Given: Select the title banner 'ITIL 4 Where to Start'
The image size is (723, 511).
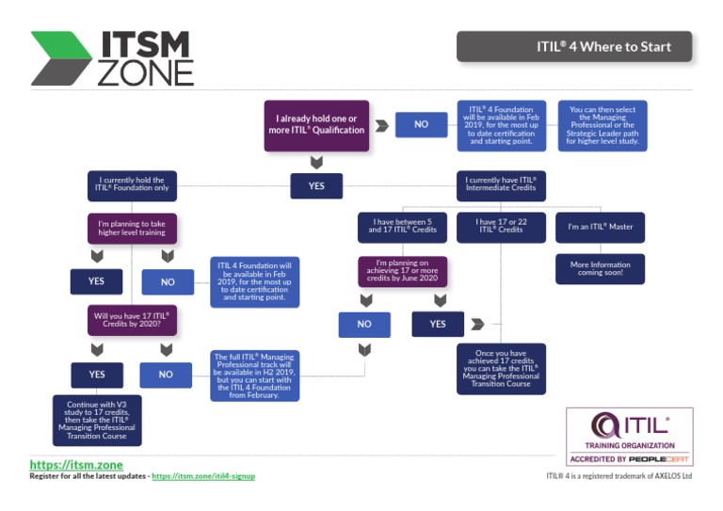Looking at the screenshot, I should click(574, 47).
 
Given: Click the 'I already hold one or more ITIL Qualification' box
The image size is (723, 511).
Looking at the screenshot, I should click(316, 124).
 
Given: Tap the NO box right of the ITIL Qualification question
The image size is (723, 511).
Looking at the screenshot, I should click(421, 124).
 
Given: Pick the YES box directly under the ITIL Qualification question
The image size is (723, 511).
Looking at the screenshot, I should click(316, 186).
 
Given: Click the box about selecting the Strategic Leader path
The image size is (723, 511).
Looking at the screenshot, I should click(602, 124).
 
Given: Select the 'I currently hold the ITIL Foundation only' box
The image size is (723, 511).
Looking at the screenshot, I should click(132, 184).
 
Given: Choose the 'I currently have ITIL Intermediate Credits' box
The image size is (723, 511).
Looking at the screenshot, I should click(501, 184).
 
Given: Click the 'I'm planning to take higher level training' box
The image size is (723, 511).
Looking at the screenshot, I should click(132, 230).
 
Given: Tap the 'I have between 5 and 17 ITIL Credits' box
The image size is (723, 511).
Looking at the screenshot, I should click(401, 226).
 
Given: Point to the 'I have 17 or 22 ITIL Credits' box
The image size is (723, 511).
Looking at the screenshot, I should click(501, 226).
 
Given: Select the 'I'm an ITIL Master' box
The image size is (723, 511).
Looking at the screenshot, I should click(600, 226).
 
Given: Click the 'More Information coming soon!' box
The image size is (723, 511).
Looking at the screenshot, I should click(600, 268).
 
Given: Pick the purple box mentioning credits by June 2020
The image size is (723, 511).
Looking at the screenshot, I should click(401, 270).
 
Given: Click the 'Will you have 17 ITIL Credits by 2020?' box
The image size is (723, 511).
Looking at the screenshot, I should click(132, 319).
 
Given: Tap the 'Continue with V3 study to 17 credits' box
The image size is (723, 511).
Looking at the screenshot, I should click(97, 420).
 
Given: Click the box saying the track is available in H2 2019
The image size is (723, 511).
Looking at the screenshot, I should click(256, 375).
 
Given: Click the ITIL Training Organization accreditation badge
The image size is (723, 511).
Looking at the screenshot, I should click(629, 436).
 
